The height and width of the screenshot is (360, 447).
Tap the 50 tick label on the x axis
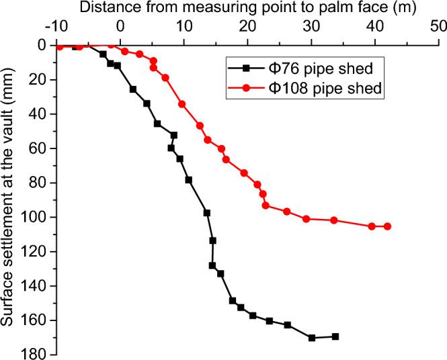pyautogui.click(x=438, y=28)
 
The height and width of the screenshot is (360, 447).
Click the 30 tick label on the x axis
pyautogui.click(x=311, y=28)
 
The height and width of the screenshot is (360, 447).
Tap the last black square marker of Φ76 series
pyautogui.click(x=335, y=336)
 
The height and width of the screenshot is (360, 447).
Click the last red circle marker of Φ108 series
pyautogui.click(x=387, y=226)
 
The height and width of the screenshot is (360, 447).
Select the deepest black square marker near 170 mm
pyautogui.click(x=312, y=338)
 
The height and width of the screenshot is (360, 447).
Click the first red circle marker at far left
pyautogui.click(x=60, y=46)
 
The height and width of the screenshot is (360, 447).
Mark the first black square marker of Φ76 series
pyautogui.click(x=75, y=46)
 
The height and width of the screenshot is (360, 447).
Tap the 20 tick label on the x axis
pyautogui.click(x=247, y=28)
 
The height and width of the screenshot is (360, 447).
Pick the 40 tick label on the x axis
pyautogui.click(x=374, y=28)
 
